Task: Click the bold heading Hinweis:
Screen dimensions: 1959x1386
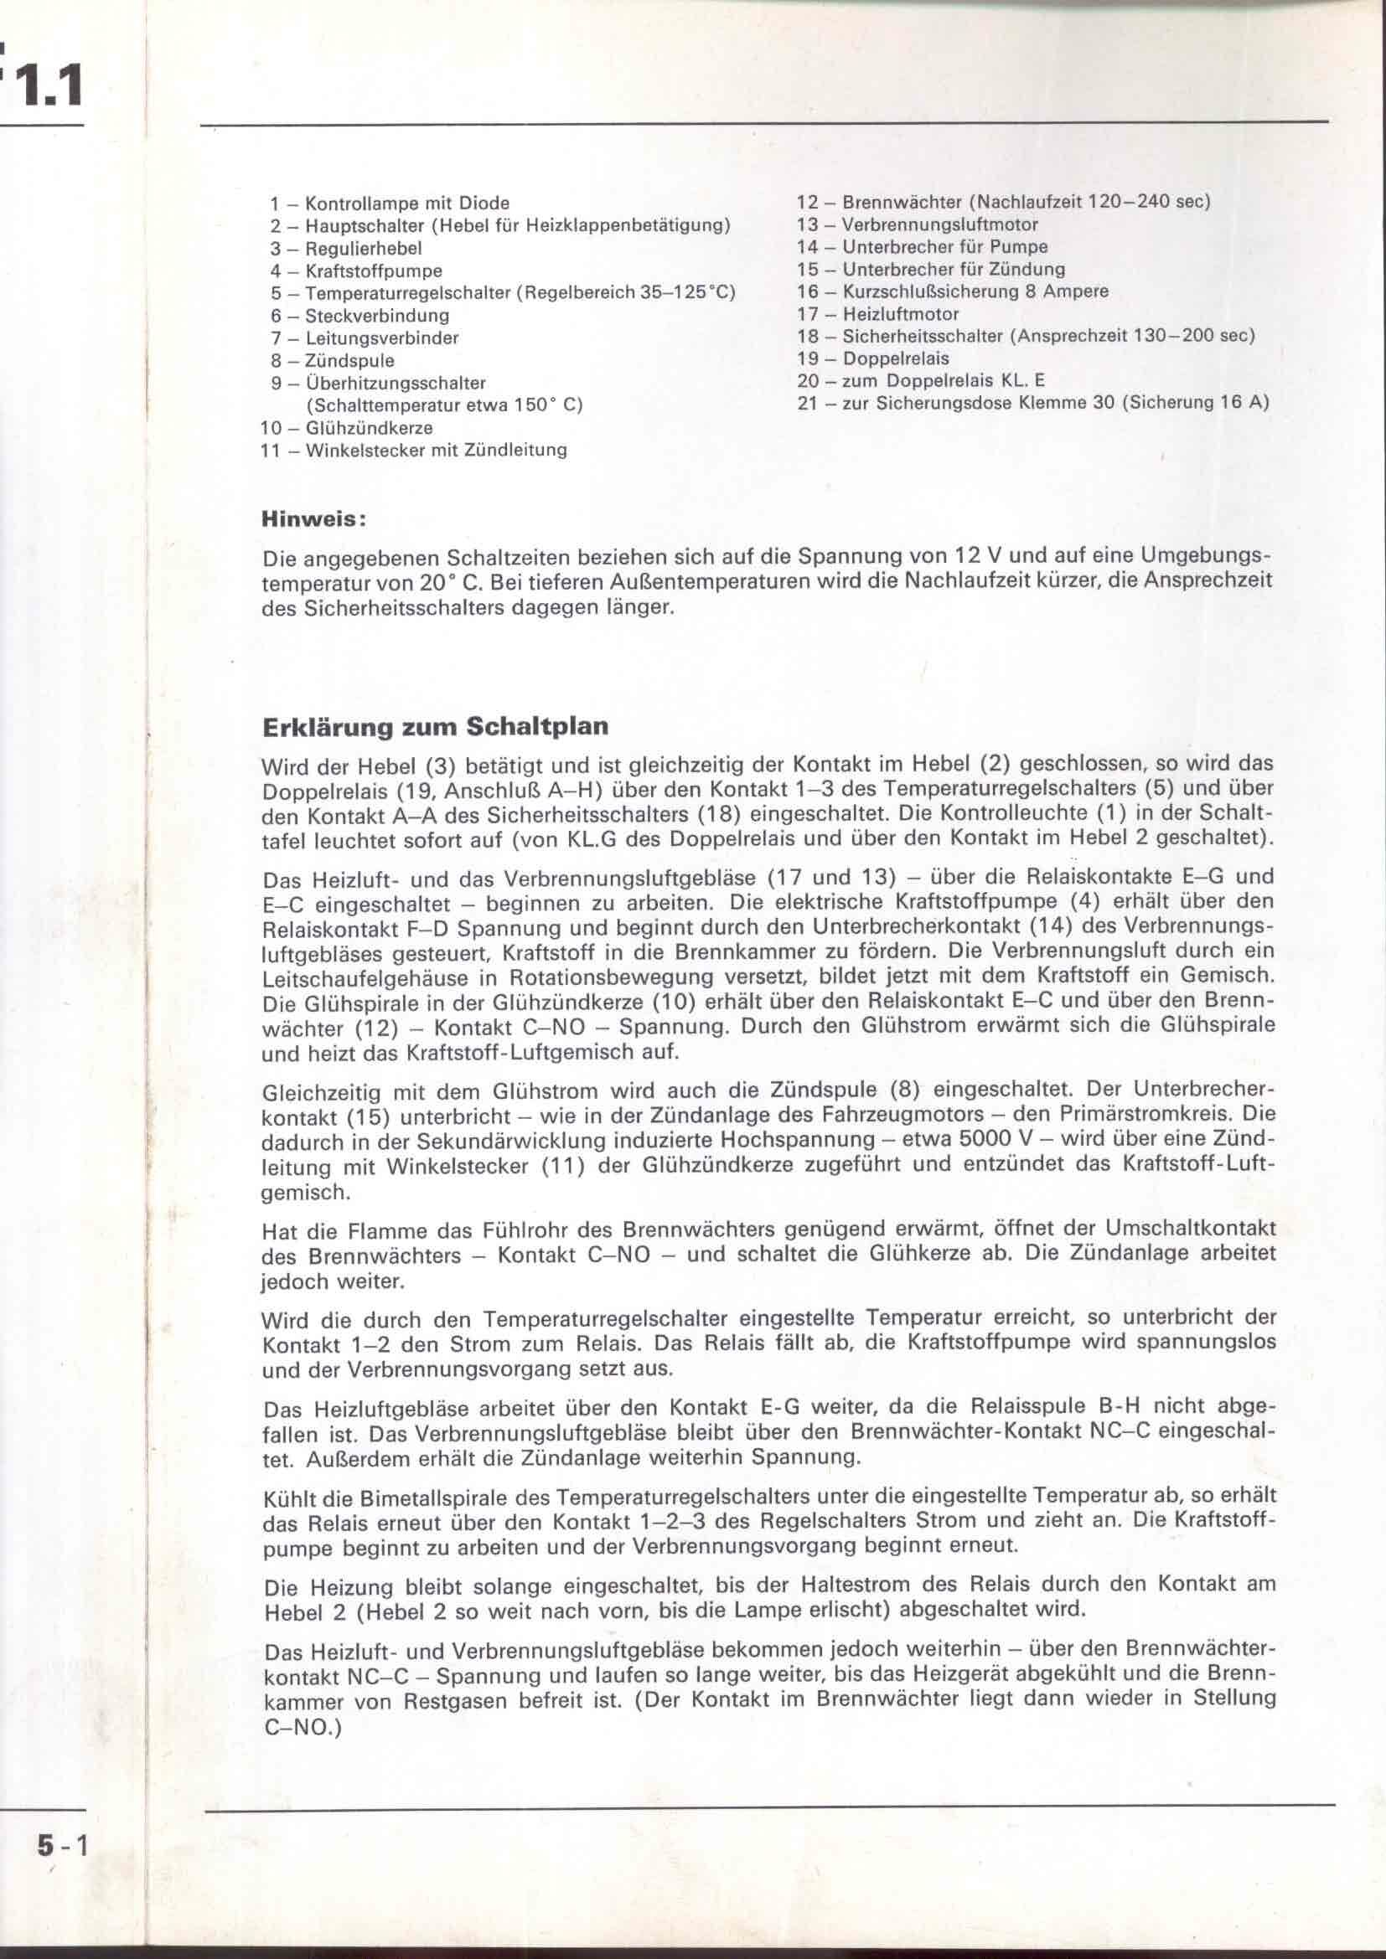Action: click(314, 518)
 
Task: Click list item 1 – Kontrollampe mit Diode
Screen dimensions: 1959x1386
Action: click(389, 204)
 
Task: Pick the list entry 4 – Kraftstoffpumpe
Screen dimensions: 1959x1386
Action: click(356, 271)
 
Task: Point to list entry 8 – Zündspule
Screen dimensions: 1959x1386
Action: click(332, 361)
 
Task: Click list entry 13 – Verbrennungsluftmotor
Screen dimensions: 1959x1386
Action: click(918, 225)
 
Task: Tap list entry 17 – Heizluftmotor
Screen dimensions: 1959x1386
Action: click(878, 314)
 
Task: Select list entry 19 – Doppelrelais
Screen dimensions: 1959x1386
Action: click(873, 358)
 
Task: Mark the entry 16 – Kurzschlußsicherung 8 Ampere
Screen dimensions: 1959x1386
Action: click(953, 291)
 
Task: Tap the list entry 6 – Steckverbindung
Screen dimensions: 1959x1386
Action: click(360, 316)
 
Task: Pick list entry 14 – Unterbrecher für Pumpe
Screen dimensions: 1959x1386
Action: click(923, 247)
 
